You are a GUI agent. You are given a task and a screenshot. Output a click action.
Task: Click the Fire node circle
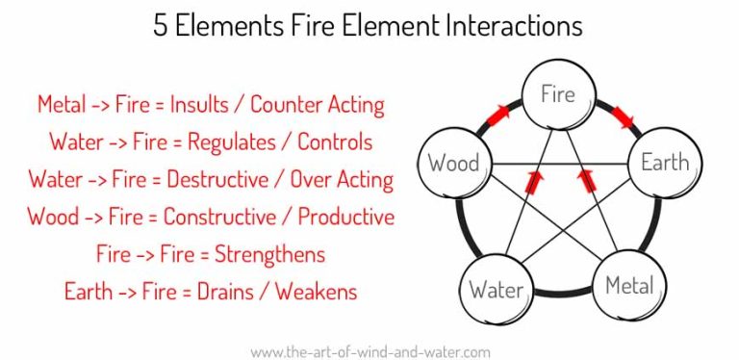(558, 95)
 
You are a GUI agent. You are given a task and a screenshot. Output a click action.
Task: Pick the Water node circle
(497, 288)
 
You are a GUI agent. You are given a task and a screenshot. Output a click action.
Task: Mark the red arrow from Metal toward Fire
(583, 182)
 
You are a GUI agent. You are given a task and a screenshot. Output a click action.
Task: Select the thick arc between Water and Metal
(563, 293)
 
